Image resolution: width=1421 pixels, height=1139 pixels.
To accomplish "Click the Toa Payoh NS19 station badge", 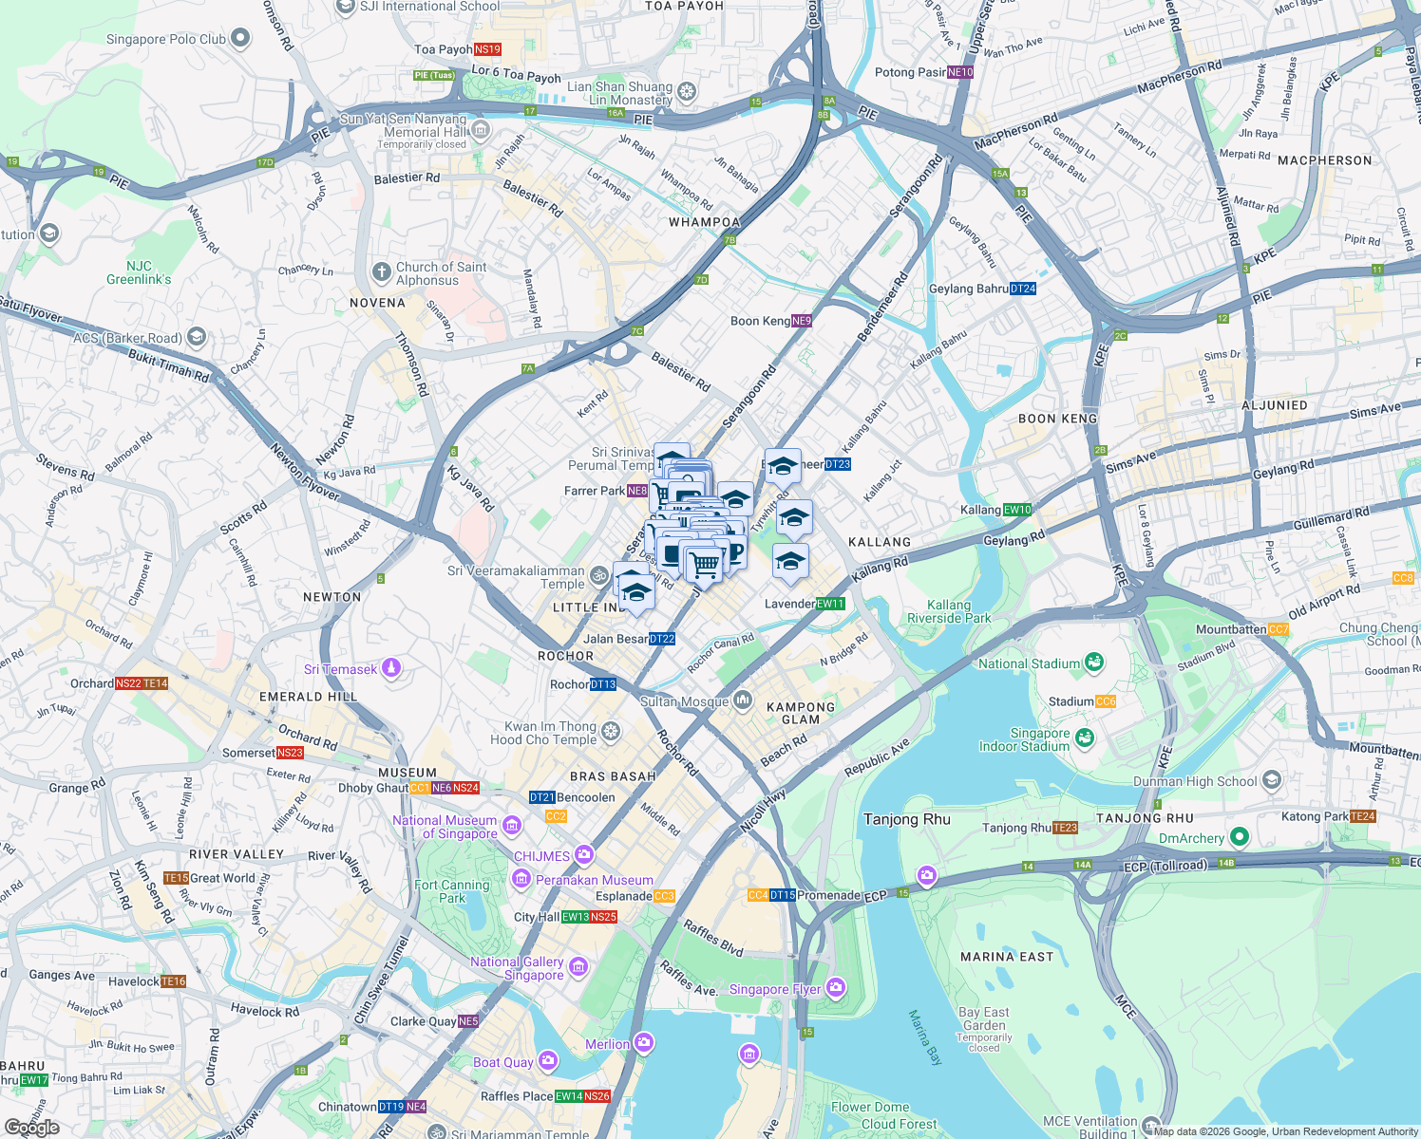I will pos(486,49).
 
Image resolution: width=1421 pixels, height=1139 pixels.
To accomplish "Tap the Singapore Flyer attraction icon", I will pos(835,989).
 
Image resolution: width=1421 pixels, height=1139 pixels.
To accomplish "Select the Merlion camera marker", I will pos(644,1044).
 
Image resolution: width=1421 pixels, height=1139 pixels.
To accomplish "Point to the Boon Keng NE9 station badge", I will pos(801,321).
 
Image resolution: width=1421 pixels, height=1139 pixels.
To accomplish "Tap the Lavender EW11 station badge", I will pos(830,604).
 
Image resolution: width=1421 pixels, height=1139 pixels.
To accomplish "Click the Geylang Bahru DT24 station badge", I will pos(1022,289).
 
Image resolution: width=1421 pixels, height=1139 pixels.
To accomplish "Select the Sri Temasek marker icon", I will pos(390,669).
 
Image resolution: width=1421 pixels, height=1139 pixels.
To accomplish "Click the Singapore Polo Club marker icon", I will pos(240,39).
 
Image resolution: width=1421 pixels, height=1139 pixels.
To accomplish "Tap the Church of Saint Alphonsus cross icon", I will pos(381,273).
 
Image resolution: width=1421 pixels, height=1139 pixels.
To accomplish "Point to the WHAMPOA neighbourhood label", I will pos(704,222).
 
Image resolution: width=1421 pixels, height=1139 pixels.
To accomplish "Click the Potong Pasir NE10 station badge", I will pos(960,72).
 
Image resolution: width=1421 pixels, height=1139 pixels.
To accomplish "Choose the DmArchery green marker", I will pos(1239,837).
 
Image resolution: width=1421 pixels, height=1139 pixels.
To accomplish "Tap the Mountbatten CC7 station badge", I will pos(1279,629).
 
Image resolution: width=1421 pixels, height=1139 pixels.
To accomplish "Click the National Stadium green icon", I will pos(1093,663).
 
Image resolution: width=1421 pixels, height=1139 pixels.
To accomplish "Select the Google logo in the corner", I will pos(31,1127).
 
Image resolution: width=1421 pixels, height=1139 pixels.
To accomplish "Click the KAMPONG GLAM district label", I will pos(801,713).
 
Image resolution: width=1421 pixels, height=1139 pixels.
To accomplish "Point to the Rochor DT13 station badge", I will pos(603,684).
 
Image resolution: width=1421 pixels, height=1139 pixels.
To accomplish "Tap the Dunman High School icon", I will pos(1272,781).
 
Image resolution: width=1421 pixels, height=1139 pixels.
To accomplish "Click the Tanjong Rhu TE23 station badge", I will pos(1065,828).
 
